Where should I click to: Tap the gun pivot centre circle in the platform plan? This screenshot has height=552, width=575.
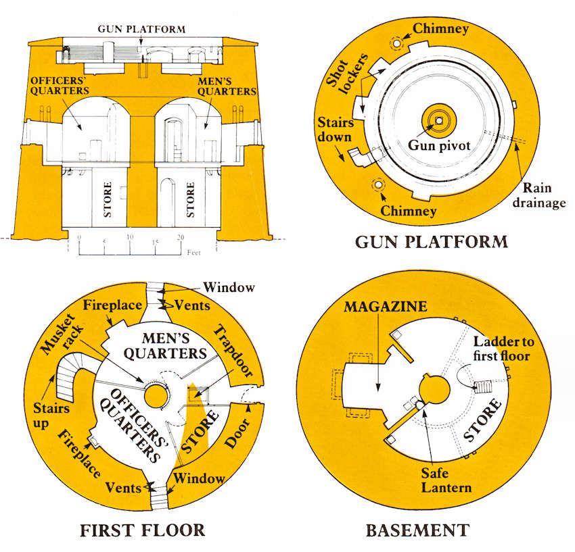coord(438,120)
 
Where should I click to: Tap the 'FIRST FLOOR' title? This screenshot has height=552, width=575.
coord(142,530)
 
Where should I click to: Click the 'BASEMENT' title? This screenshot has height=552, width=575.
coord(417,530)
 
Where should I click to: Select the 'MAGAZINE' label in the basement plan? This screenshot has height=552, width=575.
coord(386,307)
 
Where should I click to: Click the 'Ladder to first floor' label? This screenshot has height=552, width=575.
coord(501,346)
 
